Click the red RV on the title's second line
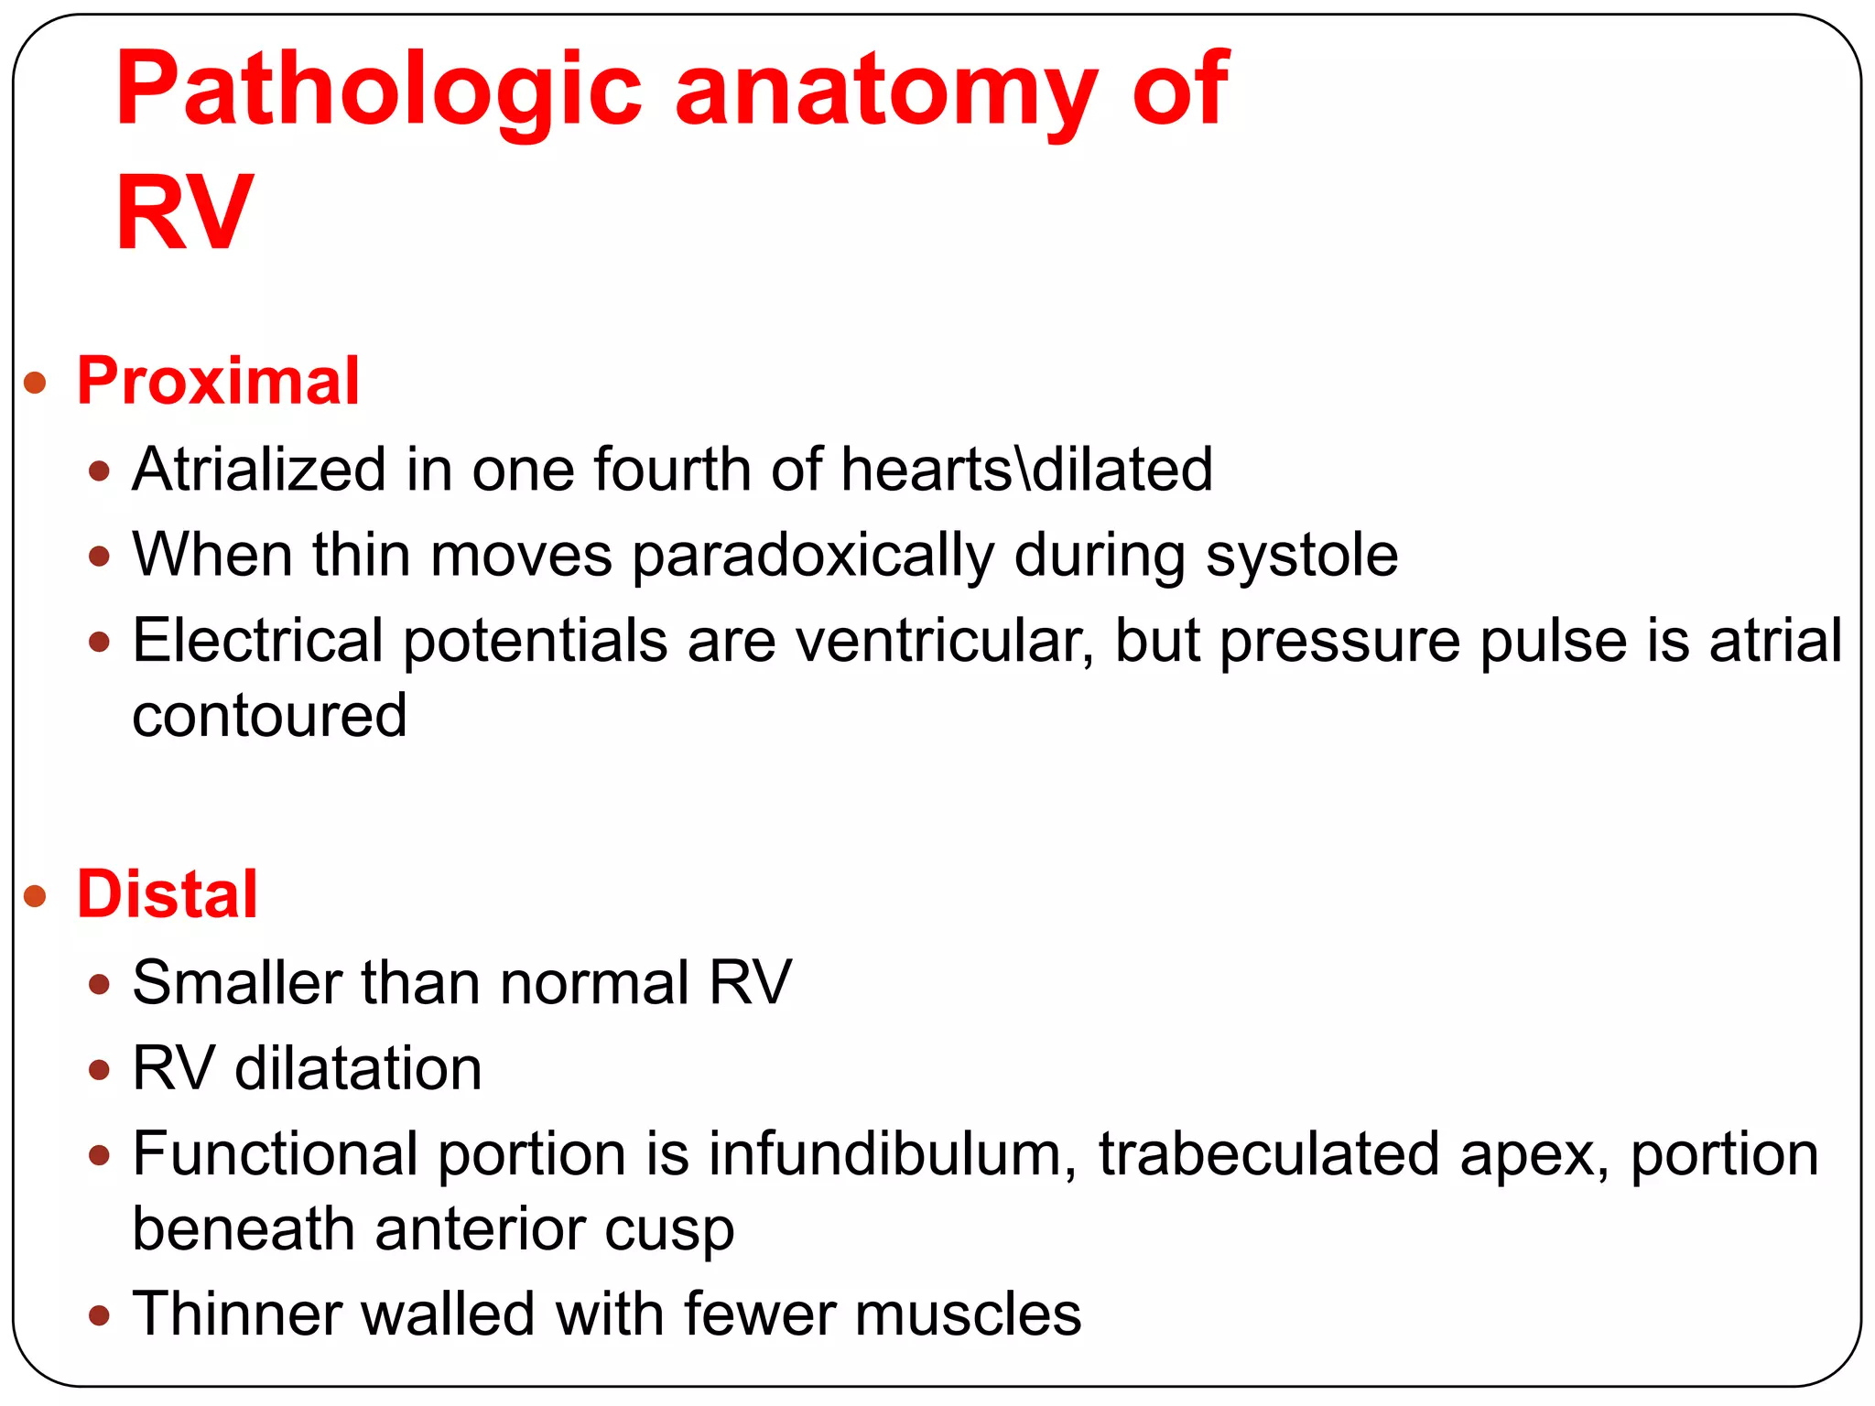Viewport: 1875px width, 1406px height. coord(183,212)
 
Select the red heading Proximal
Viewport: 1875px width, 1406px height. coord(218,381)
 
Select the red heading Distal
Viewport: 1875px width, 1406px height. coord(167,894)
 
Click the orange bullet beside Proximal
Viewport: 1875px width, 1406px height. coord(35,383)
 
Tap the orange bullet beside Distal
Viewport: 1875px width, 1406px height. coord(35,896)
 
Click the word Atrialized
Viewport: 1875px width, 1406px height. coord(259,470)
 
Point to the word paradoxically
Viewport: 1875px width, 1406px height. coord(812,556)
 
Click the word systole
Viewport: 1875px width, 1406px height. coord(1302,556)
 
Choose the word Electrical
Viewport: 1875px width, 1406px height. coord(257,640)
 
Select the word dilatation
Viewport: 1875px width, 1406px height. coord(358,1068)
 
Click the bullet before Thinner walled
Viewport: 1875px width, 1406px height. coord(100,1316)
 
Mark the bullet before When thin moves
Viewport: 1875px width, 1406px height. coord(100,557)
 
